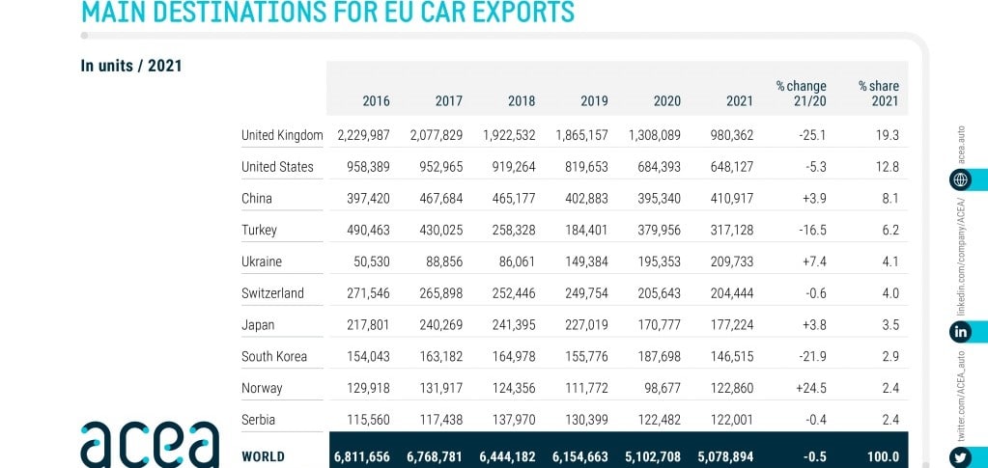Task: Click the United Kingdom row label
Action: coord(281,135)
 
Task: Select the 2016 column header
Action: coord(376,100)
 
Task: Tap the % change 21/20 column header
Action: coord(800,93)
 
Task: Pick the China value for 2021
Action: coord(731,199)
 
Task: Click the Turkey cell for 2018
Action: coord(508,231)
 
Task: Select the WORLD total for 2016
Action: coord(360,455)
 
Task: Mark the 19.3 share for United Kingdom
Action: coord(886,135)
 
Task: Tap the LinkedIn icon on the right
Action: coord(961,331)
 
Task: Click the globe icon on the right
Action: coord(961,179)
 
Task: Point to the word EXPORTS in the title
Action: coord(505,12)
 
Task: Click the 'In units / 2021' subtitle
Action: coord(131,67)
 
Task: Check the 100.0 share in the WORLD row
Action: coord(881,455)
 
